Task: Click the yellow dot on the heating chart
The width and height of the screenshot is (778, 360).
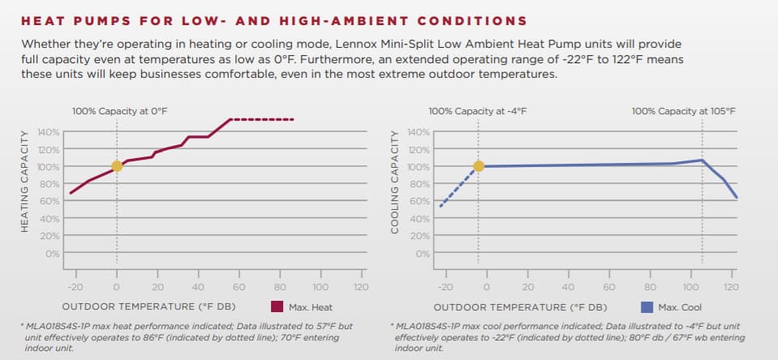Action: pos(117,166)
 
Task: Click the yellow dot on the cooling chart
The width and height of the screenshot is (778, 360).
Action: pos(478,166)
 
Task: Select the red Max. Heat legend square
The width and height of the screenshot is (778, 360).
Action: pos(276,306)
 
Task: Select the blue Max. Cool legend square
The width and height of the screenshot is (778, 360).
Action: pos(647,306)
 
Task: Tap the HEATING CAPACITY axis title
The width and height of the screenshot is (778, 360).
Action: pos(24,192)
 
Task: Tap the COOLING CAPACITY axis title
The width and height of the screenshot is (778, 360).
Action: pos(394,192)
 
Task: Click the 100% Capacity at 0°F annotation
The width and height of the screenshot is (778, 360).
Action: pos(120,110)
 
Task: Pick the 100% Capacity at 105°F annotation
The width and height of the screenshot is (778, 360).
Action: pos(683,110)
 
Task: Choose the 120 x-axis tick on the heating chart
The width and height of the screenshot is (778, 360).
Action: pos(360,287)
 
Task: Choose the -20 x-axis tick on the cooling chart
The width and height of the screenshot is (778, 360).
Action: pos(444,287)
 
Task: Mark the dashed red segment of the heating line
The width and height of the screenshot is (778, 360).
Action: pos(263,120)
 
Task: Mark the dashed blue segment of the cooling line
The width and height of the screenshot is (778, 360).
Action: pos(458,186)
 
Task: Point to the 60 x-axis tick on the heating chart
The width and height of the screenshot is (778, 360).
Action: pos(239,287)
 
